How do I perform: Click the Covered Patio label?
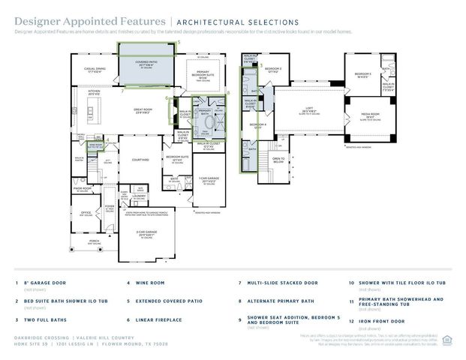146,62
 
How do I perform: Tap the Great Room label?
143,110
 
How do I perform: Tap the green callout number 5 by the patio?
179,43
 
